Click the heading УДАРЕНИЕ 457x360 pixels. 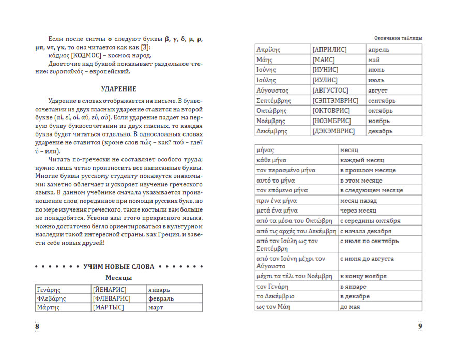[x=118, y=89]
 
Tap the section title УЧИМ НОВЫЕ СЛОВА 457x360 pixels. [x=119, y=267]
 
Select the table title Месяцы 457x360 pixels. [x=119, y=278]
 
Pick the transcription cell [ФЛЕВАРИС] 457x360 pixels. [x=112, y=298]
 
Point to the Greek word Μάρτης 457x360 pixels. [x=48, y=308]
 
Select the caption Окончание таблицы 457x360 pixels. [x=398, y=38]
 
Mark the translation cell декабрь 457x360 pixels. [x=380, y=131]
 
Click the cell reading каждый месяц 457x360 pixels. [x=361, y=160]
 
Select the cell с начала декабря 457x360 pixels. [x=365, y=231]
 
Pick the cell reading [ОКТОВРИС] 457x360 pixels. [x=331, y=111]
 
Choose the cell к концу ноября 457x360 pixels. [x=363, y=276]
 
